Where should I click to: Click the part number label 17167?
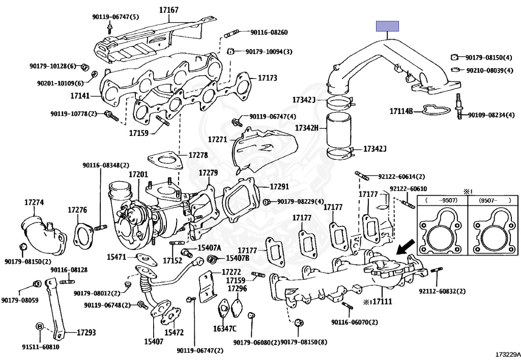click(x=169, y=10)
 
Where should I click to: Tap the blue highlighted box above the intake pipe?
click(x=387, y=26)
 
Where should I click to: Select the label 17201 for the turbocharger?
click(x=138, y=175)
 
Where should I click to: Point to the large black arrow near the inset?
click(x=406, y=247)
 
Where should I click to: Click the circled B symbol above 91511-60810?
click(x=40, y=326)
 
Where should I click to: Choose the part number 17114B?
click(x=401, y=111)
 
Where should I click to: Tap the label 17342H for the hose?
click(x=307, y=128)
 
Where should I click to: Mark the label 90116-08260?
click(x=269, y=32)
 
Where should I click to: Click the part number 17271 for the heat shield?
click(x=218, y=140)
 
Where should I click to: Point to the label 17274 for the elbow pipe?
click(x=34, y=203)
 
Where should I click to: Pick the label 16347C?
click(x=225, y=329)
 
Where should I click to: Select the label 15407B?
click(x=238, y=258)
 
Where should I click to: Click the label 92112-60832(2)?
click(x=442, y=291)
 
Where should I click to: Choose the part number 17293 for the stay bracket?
click(x=86, y=332)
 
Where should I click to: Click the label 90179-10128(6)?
click(x=53, y=66)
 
